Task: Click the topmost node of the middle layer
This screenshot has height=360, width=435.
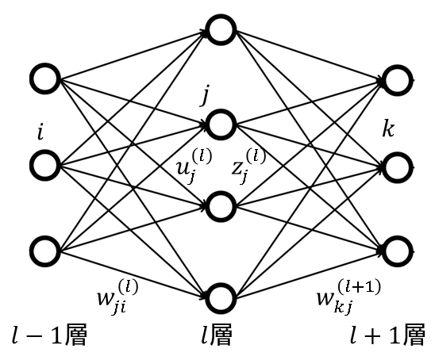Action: pos(210,29)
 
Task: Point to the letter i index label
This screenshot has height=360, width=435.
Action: pos(40,133)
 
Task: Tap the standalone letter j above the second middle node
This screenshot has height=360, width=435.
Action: pos(206,95)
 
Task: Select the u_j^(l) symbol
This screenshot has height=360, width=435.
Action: pos(194,167)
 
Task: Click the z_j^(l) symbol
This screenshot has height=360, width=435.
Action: pos(248,167)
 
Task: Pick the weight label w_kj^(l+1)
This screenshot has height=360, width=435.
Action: pos(348,297)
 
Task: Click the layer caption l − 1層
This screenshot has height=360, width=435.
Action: pos(49,335)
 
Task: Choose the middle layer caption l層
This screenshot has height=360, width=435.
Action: pos(217,335)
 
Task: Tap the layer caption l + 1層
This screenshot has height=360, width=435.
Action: pos(387,335)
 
